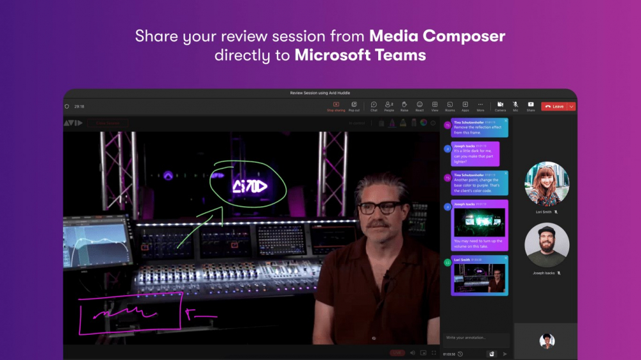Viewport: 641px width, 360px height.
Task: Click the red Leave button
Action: [x=554, y=106]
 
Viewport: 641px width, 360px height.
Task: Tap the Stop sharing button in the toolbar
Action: [x=336, y=106]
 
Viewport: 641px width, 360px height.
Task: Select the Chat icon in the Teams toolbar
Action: [x=374, y=106]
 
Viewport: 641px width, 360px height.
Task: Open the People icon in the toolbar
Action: [x=389, y=106]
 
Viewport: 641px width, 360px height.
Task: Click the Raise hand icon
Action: [x=404, y=106]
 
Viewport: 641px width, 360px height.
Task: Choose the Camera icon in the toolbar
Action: [x=500, y=106]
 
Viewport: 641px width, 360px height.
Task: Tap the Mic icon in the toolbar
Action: [x=515, y=106]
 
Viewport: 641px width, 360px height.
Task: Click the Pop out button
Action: [x=354, y=106]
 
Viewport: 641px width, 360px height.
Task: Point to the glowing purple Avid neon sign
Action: [x=250, y=186]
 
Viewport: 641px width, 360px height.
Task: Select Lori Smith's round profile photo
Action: [x=547, y=184]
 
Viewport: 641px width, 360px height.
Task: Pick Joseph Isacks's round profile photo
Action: [x=547, y=245]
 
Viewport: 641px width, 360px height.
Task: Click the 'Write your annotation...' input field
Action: [x=475, y=338]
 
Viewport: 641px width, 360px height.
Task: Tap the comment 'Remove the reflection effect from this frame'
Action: [x=479, y=127]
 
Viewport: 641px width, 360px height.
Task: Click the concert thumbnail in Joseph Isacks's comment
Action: [x=479, y=222]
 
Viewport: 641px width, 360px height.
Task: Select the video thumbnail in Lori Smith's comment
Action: [x=479, y=277]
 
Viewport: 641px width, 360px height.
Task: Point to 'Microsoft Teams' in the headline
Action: [x=360, y=55]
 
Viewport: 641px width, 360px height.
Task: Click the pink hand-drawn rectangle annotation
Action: [x=131, y=314]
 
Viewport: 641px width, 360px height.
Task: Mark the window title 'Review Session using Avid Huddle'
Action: [x=320, y=93]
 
